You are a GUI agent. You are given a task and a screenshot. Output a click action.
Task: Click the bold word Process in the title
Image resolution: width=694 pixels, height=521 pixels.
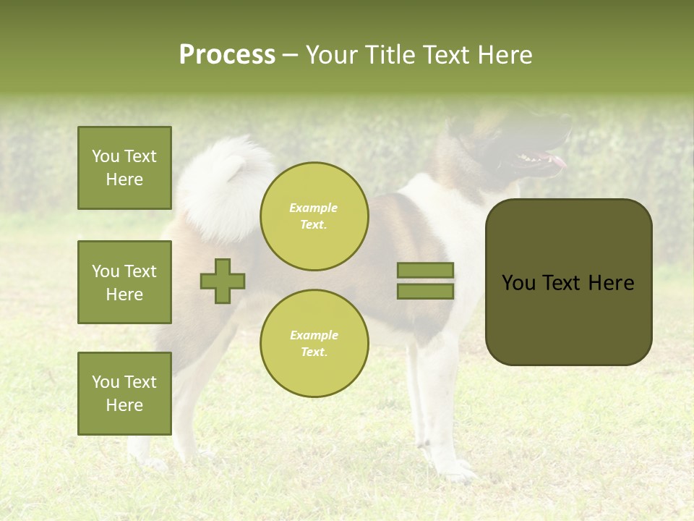coord(227,55)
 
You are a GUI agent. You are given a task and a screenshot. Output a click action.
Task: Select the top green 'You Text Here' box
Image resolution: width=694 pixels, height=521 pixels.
coord(124,168)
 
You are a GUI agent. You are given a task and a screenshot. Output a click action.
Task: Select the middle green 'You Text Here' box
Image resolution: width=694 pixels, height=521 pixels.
coord(124,282)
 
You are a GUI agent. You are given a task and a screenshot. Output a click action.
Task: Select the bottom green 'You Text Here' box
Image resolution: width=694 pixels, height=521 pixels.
coord(124,394)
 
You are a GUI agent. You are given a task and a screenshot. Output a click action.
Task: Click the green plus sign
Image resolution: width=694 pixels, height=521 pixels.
coord(223,281)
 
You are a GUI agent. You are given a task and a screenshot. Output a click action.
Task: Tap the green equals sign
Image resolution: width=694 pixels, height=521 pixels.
coord(426,281)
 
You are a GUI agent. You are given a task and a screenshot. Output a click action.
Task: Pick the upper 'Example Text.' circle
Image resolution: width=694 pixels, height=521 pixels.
coord(314,216)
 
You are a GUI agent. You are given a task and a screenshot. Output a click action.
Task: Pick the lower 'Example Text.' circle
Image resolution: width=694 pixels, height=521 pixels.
coord(314,344)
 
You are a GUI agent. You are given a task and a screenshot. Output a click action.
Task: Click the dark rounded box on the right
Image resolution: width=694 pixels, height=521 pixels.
coord(568,282)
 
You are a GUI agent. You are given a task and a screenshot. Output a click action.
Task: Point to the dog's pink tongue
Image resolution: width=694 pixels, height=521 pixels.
coord(557,161)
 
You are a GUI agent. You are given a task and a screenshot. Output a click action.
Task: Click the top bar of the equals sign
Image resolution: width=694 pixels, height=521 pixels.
coord(426,271)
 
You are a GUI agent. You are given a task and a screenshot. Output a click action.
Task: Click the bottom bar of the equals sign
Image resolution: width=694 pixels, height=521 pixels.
coord(426,291)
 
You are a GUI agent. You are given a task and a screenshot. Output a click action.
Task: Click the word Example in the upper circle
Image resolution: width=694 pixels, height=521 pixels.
coord(314,208)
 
